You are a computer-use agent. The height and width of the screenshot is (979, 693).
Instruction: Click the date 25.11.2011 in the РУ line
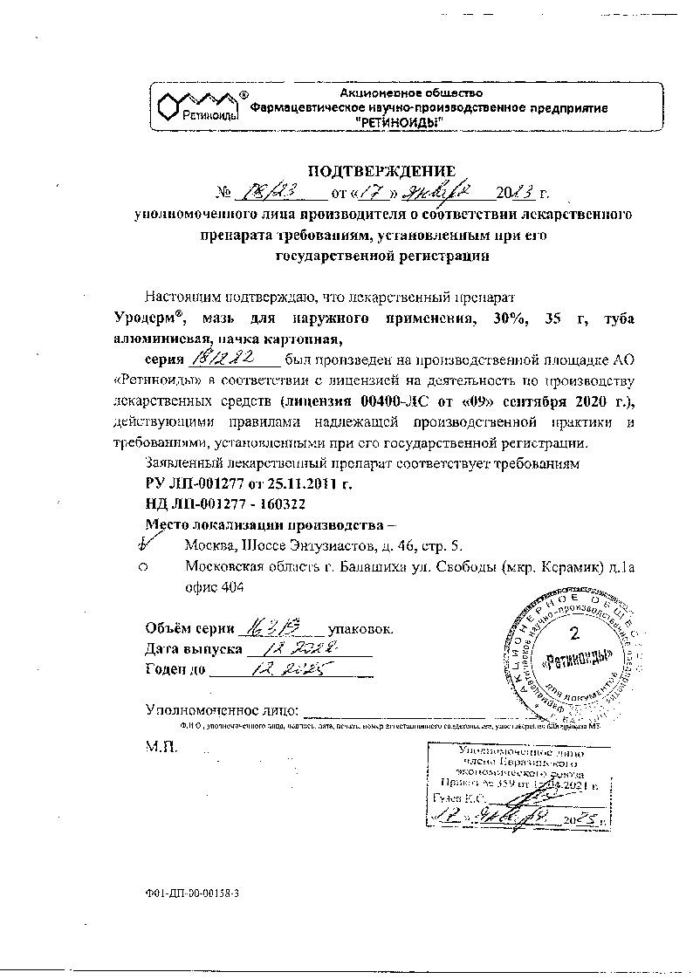[304, 483]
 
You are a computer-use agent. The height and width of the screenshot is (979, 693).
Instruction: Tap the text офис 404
[214, 588]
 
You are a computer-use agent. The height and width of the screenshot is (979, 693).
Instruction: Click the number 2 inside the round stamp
[573, 631]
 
